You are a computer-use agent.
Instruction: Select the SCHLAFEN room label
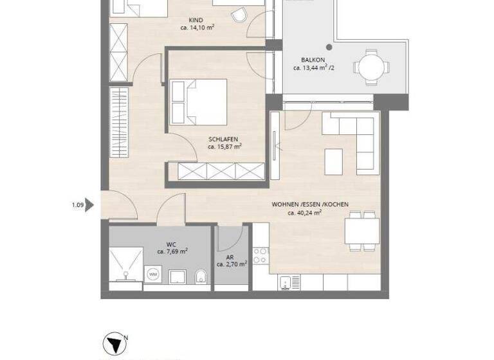pyautogui.click(x=224, y=138)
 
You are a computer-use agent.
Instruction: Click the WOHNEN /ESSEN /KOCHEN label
pyautogui.click(x=310, y=204)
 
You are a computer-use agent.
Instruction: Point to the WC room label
pyautogui.click(x=171, y=244)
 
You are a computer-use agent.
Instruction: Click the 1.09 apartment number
pyautogui.click(x=77, y=205)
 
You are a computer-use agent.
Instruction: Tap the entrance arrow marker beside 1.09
pyautogui.click(x=90, y=205)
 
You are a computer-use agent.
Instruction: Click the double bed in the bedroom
pyautogui.click(x=198, y=102)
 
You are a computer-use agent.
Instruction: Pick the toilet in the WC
pyautogui.click(x=200, y=277)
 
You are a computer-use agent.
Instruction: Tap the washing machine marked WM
pyautogui.click(x=153, y=274)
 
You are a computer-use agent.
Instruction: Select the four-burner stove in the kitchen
pyautogui.click(x=261, y=255)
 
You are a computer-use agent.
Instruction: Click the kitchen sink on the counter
pyautogui.click(x=289, y=282)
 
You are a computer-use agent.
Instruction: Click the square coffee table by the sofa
pyautogui.click(x=334, y=161)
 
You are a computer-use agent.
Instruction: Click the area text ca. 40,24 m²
pyautogui.click(x=305, y=213)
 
